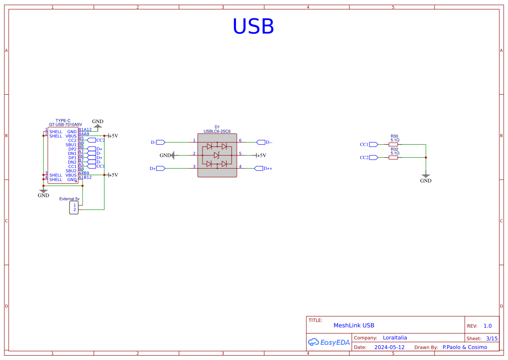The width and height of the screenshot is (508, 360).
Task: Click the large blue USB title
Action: (x=253, y=27)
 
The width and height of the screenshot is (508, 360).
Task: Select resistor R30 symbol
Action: (x=393, y=144)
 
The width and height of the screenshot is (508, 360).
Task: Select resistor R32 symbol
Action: (x=393, y=157)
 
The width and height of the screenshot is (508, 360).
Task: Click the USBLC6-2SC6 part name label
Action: (x=217, y=131)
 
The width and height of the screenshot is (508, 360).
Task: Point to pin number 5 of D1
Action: (x=240, y=153)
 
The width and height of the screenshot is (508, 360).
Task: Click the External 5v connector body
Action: (x=73, y=207)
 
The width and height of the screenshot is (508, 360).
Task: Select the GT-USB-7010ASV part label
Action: (x=65, y=125)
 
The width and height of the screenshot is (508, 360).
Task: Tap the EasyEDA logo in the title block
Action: (x=329, y=342)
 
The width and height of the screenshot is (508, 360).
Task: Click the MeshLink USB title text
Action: (x=353, y=325)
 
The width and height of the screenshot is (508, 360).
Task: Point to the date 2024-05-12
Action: (x=389, y=347)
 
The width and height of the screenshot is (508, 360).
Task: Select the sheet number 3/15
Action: (x=491, y=338)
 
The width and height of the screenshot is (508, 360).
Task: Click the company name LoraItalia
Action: (x=395, y=337)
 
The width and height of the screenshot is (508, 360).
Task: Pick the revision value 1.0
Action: (x=487, y=326)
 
